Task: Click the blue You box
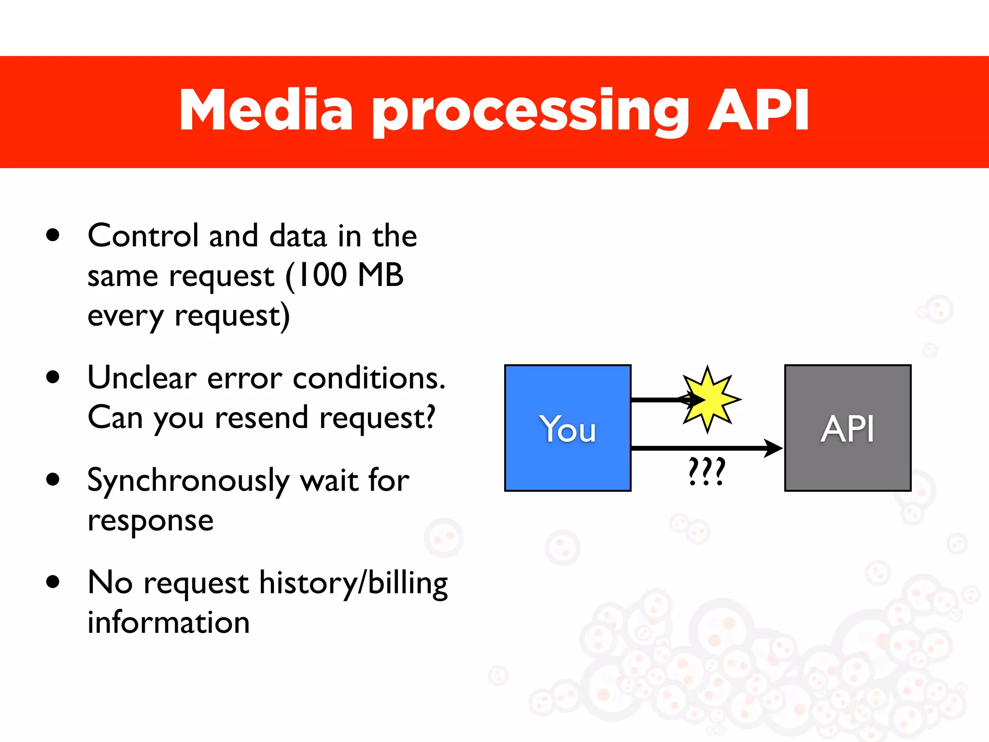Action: tap(567, 428)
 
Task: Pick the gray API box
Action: tap(848, 428)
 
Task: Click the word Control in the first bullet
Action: tap(143, 236)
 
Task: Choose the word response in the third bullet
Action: tap(150, 521)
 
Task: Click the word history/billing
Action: tap(353, 583)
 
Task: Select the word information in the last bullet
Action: tap(169, 622)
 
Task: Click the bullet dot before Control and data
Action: tap(53, 235)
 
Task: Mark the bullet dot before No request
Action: tap(53, 582)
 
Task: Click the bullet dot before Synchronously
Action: tap(53, 480)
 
